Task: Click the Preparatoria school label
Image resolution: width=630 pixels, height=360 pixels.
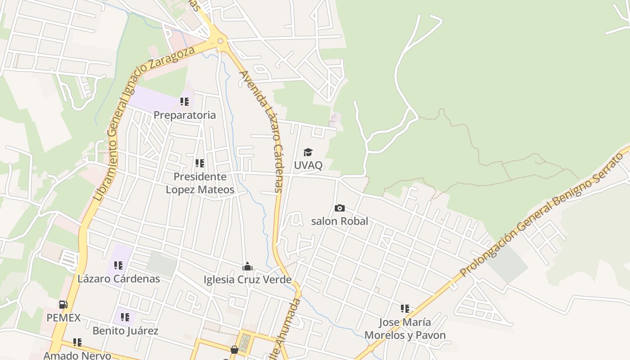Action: click(x=184, y=115)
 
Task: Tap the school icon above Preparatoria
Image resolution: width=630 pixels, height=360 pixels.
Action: click(x=184, y=102)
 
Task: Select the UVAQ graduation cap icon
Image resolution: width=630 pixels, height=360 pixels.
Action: click(x=308, y=153)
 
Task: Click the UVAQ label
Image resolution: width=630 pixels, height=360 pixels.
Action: click(x=308, y=165)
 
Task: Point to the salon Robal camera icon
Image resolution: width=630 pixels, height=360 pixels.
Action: click(x=340, y=208)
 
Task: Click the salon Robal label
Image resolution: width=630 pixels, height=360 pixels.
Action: click(x=340, y=221)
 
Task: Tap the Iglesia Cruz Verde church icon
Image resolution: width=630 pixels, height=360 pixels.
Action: click(x=247, y=266)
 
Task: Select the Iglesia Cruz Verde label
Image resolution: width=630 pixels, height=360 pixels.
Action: click(x=247, y=280)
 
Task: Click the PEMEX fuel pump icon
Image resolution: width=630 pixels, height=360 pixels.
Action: click(x=63, y=305)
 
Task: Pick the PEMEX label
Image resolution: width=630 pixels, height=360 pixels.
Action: click(x=63, y=318)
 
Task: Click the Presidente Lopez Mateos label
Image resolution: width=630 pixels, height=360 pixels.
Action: click(x=200, y=183)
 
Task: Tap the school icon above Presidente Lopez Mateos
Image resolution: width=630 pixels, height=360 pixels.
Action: click(x=200, y=163)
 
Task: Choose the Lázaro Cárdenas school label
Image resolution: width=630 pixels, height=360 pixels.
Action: click(x=119, y=279)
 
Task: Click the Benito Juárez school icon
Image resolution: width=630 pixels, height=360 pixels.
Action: click(x=125, y=317)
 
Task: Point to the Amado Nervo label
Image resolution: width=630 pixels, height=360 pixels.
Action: click(x=77, y=355)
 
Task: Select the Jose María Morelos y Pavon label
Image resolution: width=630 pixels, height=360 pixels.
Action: click(x=405, y=329)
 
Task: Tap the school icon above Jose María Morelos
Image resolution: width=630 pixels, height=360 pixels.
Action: click(x=405, y=309)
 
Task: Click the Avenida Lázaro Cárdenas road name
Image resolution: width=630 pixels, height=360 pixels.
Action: click(x=262, y=130)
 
